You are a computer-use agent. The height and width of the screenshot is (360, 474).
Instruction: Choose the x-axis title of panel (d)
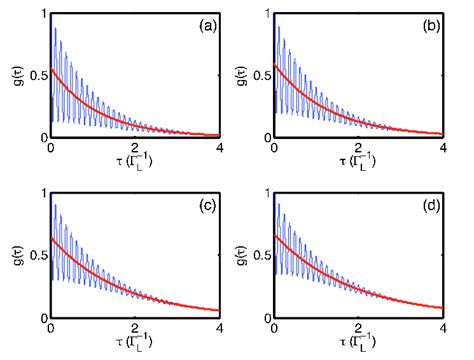click(357, 343)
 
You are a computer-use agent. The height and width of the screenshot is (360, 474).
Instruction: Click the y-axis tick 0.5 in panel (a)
click(38, 75)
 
